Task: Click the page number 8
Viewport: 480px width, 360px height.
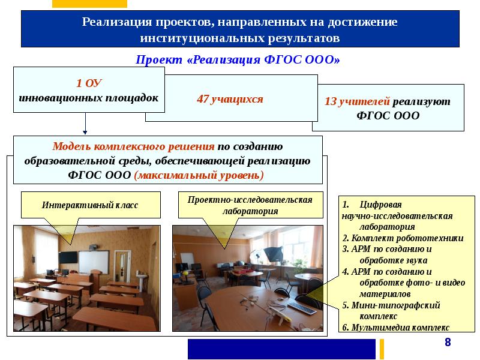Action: click(x=447, y=342)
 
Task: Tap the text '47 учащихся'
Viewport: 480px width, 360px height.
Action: click(x=230, y=99)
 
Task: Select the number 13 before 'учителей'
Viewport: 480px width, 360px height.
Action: click(x=330, y=102)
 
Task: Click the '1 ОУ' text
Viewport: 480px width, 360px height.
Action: click(x=88, y=83)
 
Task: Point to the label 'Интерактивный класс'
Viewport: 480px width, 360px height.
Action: click(x=90, y=205)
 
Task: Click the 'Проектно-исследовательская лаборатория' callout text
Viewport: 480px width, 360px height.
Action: click(x=250, y=205)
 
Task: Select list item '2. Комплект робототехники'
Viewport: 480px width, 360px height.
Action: click(x=403, y=238)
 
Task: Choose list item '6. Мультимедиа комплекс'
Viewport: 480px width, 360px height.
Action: click(x=395, y=328)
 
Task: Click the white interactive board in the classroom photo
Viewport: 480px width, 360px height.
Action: click(x=94, y=262)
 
